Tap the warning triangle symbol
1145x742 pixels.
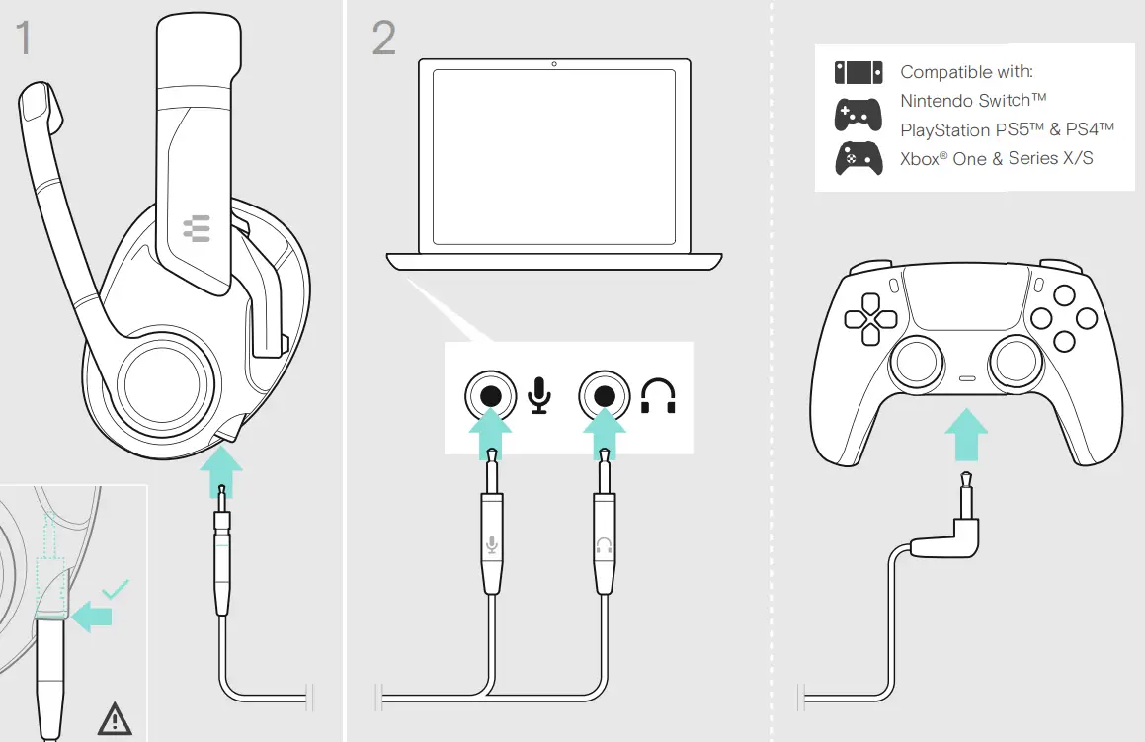coord(115,719)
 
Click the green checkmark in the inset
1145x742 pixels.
coord(117,589)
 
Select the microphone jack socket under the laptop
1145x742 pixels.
coord(491,397)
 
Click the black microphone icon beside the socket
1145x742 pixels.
coord(538,395)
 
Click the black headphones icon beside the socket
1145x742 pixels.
coord(659,396)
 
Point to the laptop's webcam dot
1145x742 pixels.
coord(553,64)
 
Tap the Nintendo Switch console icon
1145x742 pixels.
coord(858,72)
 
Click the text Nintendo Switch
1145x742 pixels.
coord(973,101)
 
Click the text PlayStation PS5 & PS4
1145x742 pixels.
coord(1007,129)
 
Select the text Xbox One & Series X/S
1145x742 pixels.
coord(996,158)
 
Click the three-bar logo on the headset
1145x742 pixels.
coord(197,230)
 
